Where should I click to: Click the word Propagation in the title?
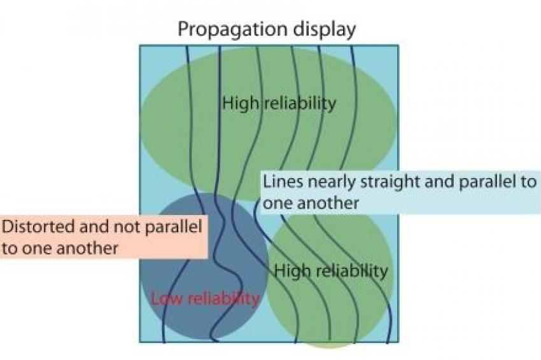tap(232, 30)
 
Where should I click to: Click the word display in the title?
tap(325, 30)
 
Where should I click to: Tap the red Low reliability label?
tap(206, 298)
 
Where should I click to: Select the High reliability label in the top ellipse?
tap(279, 103)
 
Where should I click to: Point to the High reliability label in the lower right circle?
tap(331, 271)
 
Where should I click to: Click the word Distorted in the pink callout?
tap(38, 226)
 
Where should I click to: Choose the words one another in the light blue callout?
tap(311, 203)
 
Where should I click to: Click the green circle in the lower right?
tap(330, 276)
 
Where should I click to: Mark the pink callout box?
tap(104, 237)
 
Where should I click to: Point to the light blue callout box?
tap(400, 192)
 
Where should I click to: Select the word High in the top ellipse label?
tap(240, 103)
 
